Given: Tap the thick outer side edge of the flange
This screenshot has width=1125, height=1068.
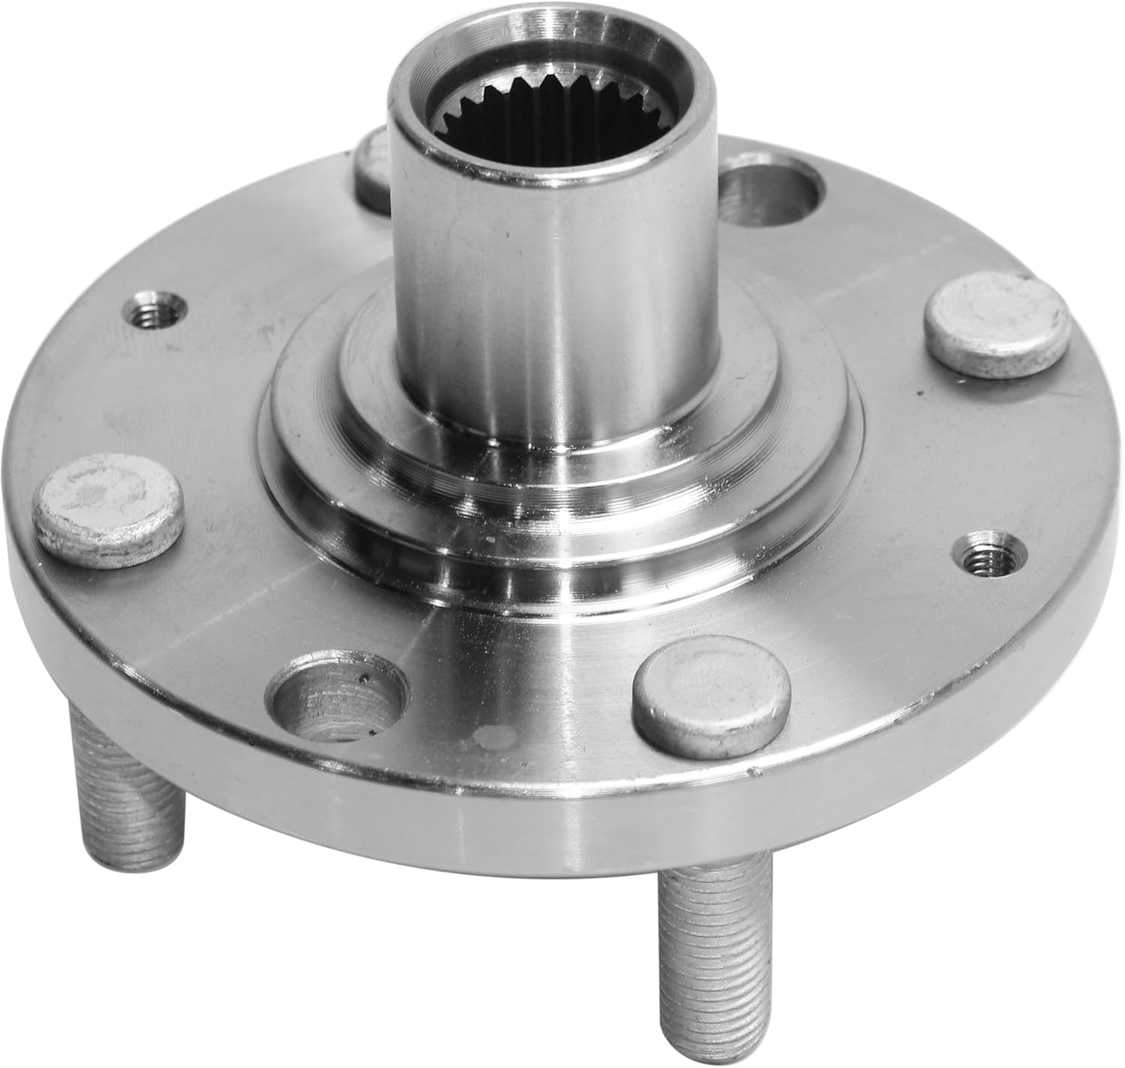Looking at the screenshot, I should click(525, 832).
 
